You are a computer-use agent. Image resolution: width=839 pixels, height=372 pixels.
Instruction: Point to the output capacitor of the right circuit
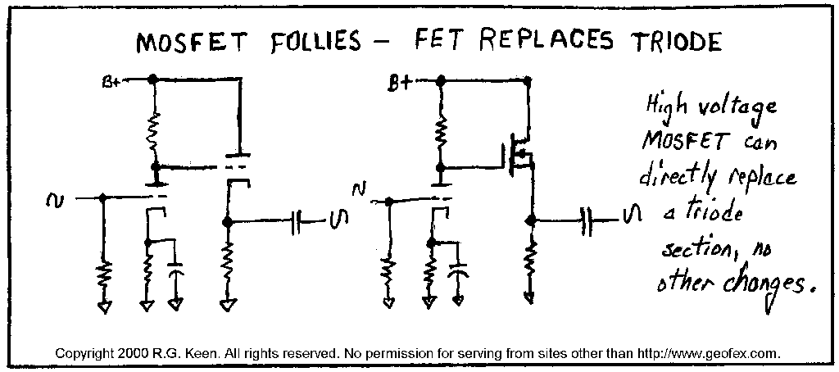587,219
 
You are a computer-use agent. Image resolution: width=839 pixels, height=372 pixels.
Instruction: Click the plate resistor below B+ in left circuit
153,132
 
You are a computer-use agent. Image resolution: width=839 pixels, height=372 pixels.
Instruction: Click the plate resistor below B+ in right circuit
442,130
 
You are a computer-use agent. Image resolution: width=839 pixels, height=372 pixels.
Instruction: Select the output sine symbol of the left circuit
339,219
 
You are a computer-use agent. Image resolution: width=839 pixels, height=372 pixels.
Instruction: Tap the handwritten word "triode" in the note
711,215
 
